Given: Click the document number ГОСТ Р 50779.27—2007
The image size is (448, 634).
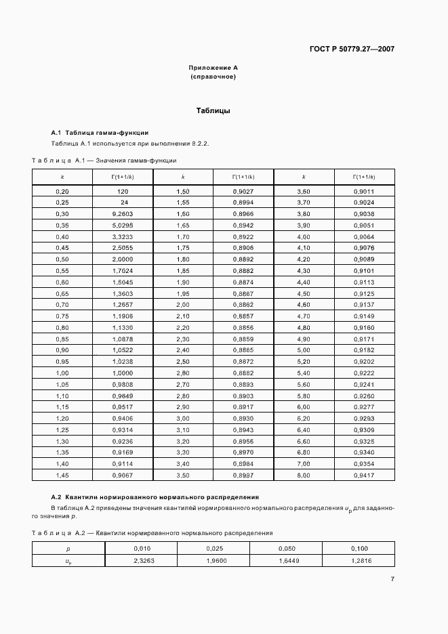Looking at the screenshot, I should tap(352, 49).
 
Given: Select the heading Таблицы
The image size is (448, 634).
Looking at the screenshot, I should tap(213, 110).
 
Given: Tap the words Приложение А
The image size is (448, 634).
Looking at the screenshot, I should tap(213, 68).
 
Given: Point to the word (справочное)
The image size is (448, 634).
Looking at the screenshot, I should tap(213, 77).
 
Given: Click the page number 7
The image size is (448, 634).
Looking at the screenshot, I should tap(392, 578).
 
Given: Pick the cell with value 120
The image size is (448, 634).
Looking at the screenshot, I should tap(123, 192).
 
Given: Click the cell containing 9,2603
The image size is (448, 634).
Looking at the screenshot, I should tap(123, 214).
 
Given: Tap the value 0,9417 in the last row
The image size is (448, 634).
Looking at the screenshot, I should tap(364, 475).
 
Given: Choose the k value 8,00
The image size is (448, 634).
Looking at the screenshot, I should tap(304, 475).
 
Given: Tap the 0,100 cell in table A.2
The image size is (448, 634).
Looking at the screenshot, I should tap(359, 548).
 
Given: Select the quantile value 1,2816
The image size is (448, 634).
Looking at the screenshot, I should tap(359, 561).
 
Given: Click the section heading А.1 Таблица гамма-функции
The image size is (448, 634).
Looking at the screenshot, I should tap(100, 132).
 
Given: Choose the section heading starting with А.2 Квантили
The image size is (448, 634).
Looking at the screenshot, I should tap(155, 497).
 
